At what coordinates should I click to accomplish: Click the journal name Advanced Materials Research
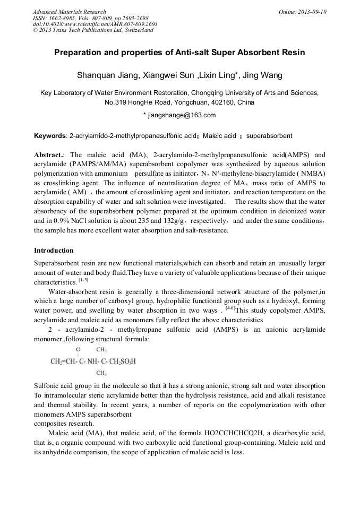(69, 12)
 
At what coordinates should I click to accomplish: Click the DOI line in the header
(95, 24)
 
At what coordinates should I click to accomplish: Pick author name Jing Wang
(264, 75)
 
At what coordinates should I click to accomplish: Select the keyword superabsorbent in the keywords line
(269, 136)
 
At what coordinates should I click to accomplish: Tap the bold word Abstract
(49, 156)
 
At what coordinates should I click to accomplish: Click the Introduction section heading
(54, 251)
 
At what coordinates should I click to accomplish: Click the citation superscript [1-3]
(83, 280)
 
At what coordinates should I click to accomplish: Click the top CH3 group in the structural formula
(101, 350)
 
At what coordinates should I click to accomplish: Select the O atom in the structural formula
(78, 350)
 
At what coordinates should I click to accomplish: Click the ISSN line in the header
(88, 18)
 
